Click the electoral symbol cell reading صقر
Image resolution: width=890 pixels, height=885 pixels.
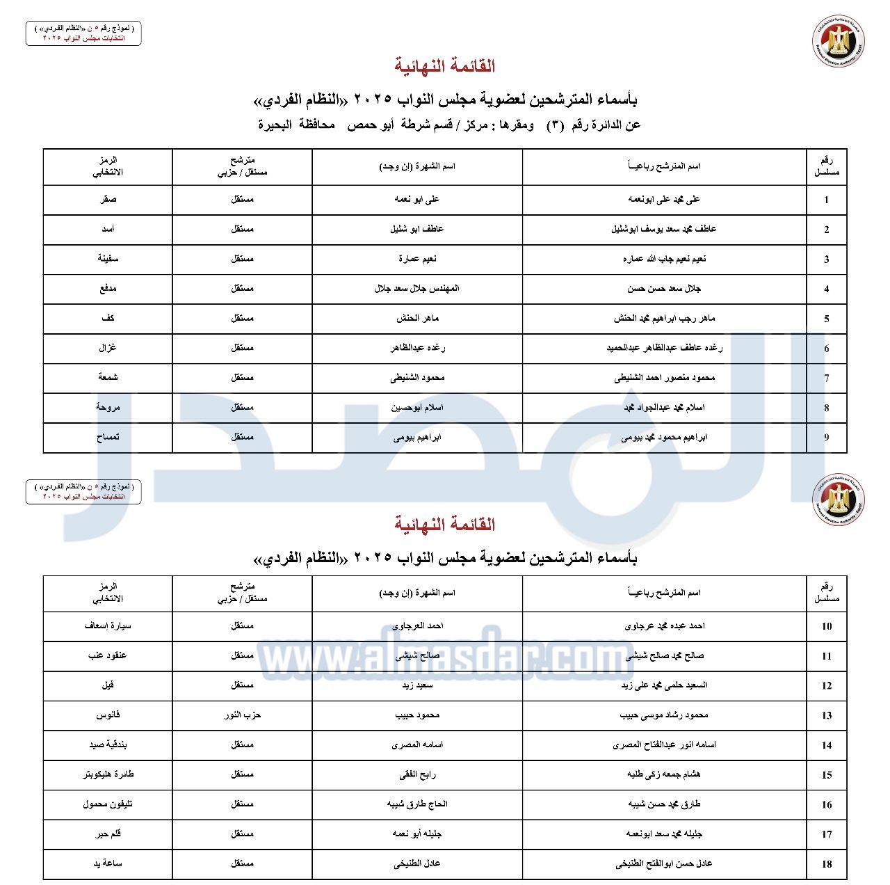pyautogui.click(x=108, y=200)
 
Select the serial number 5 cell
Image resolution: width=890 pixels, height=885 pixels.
pyautogui.click(x=826, y=319)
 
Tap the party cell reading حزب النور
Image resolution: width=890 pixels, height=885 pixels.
pyautogui.click(x=242, y=715)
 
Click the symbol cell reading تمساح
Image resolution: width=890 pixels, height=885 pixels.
pyautogui.click(x=108, y=438)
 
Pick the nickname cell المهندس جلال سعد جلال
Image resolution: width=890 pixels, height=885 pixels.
pyautogui.click(x=417, y=289)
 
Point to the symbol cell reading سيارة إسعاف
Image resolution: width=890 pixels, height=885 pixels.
pyautogui.click(x=108, y=626)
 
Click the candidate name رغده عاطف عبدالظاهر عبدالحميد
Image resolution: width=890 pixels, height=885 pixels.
pyautogui.click(x=664, y=348)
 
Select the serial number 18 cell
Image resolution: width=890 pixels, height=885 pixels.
pyautogui.click(x=826, y=864)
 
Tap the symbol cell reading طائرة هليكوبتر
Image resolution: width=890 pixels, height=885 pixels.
pyautogui.click(x=108, y=774)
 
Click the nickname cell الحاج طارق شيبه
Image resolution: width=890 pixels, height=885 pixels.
pyautogui.click(x=417, y=804)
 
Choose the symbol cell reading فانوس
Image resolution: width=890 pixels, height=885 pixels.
pyautogui.click(x=108, y=715)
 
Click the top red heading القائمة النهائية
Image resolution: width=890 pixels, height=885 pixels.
pyautogui.click(x=445, y=66)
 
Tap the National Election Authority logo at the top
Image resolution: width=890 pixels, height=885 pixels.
pyautogui.click(x=839, y=42)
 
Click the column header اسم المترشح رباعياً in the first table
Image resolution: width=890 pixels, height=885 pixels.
pyautogui.click(x=664, y=166)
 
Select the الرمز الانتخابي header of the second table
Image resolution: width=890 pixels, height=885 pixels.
pyautogui.click(x=108, y=593)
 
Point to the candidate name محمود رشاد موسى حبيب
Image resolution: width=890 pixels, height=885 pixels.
pyautogui.click(x=664, y=715)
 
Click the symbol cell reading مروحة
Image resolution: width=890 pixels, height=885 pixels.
pyautogui.click(x=108, y=408)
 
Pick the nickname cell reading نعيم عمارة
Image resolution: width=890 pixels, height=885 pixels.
pyautogui.click(x=417, y=259)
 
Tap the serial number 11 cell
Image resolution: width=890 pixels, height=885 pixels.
pyautogui.click(x=826, y=656)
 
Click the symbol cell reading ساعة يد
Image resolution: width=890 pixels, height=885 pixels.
pyautogui.click(x=108, y=864)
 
